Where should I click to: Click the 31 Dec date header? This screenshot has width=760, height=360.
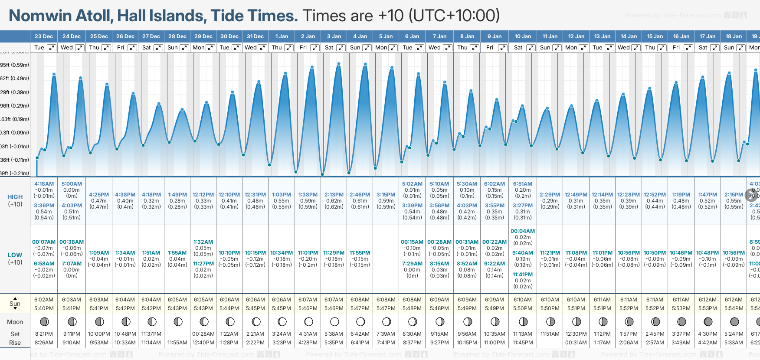tap(255, 36)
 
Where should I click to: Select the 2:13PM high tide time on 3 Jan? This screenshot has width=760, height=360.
tap(334, 195)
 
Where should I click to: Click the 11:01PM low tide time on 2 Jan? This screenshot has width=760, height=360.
tap(308, 252)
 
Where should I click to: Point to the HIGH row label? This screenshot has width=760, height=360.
tap(15, 197)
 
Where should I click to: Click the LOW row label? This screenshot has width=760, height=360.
tap(15, 255)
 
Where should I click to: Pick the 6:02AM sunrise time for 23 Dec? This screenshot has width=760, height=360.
tap(44, 300)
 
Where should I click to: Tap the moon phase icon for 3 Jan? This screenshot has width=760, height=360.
tap(334, 322)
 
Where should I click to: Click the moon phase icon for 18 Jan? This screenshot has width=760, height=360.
tap(734, 322)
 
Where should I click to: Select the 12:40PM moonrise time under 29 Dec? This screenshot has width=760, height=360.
tap(203, 343)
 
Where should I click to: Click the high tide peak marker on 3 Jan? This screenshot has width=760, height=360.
tap(339, 64)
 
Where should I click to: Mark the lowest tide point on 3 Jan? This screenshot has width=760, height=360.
tap(322, 174)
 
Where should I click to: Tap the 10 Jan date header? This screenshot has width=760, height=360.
tap(523, 36)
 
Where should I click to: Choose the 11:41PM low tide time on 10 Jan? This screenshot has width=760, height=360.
tap(523, 274)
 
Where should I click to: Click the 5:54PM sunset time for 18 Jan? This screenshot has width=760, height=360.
tap(734, 308)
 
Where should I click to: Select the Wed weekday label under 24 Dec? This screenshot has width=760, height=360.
tap(67, 48)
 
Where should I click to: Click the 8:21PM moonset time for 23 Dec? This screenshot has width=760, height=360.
tap(44, 334)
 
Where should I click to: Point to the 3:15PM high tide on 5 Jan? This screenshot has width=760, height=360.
tap(386, 195)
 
